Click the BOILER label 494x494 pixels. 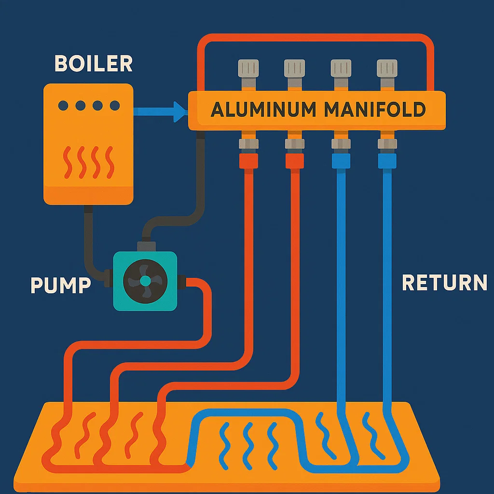[94, 64]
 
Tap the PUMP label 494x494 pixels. [61, 285]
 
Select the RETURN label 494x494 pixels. [444, 283]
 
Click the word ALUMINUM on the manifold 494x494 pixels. [262, 110]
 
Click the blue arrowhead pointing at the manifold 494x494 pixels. [181, 112]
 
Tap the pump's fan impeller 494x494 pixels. [145, 281]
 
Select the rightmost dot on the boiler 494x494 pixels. [114, 105]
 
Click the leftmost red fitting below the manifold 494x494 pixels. [248, 161]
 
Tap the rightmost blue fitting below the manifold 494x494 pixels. [387, 161]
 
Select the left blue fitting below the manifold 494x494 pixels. [341, 161]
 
